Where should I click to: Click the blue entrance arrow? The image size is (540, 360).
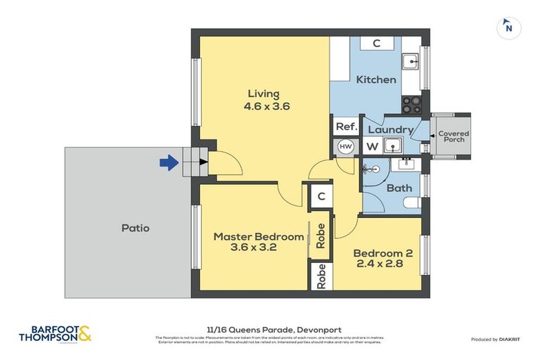pos(168,163)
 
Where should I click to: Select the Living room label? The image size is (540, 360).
pos(263,94)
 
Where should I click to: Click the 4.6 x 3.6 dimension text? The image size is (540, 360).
pos(266,107)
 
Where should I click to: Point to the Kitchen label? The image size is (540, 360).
pos(376,79)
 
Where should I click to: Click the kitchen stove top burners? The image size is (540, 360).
pos(410,104)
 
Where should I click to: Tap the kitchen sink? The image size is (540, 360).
pos(410,61)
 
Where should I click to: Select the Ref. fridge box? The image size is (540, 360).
pos(346,127)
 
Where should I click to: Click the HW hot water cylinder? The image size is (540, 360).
pos(345,146)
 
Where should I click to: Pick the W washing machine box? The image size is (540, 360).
pos(371,147)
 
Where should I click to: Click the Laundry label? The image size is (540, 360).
pos(390,130)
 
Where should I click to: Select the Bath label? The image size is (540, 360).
pos(399,188)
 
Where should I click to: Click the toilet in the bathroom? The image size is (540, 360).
pos(411,203)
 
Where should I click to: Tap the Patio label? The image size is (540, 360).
pos(135,228)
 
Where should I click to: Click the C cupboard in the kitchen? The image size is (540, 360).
pos(376,44)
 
